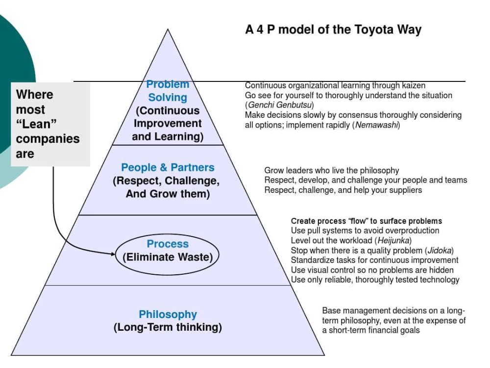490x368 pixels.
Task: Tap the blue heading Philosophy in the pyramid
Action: pyautogui.click(x=168, y=315)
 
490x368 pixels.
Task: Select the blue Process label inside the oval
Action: pyautogui.click(x=168, y=244)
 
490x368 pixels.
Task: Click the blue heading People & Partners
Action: pyautogui.click(x=168, y=167)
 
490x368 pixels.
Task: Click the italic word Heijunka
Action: pyautogui.click(x=392, y=240)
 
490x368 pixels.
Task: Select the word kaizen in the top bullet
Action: pyautogui.click(x=412, y=85)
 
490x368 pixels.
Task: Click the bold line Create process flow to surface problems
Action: pyautogui.click(x=367, y=221)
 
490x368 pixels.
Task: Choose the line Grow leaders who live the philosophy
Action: pyautogui.click(x=332, y=171)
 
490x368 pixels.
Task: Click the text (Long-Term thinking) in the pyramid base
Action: pyautogui.click(x=168, y=327)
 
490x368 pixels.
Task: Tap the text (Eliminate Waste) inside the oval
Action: pyautogui.click(x=168, y=257)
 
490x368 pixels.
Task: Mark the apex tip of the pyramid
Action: pyautogui.click(x=168, y=29)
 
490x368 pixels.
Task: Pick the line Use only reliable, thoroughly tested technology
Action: pyautogui.click(x=375, y=280)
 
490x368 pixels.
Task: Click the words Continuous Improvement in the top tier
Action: pyautogui.click(x=168, y=117)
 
